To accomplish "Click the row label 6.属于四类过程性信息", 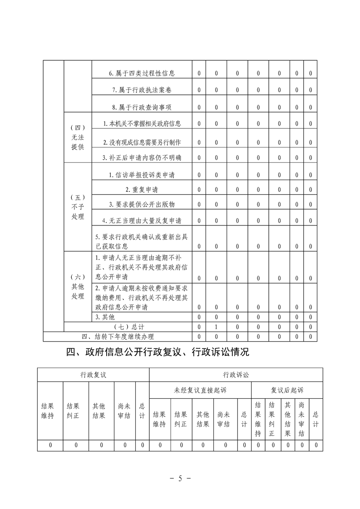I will pos(142,73).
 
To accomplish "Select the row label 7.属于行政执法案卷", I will pos(142,90).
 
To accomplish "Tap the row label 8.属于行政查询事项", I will pos(142,107).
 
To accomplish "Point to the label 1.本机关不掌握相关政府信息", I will pos(142,124).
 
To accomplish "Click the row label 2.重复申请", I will pos(142,189).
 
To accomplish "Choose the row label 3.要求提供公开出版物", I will pos(142,205).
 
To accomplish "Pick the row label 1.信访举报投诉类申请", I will pos(142,175).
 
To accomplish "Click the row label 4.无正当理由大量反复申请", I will pos(142,220).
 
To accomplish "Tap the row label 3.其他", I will pos(104,317).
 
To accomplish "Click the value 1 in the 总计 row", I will pos(217,327).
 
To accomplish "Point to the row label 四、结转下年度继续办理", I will pos(118,336).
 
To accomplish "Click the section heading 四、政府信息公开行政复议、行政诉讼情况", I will pos(158,352).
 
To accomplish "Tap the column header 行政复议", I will pos(93,375).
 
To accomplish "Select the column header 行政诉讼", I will pos(236,375).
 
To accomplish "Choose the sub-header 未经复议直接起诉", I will pos(200,390).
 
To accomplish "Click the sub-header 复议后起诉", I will pos(287,390).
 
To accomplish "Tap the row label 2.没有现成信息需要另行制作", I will pos(142,142).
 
